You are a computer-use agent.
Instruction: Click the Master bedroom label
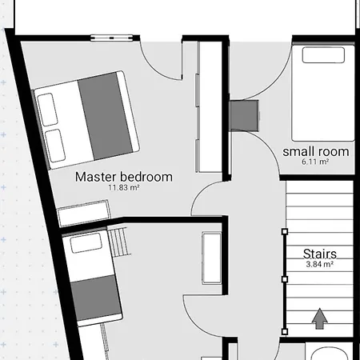[124, 177]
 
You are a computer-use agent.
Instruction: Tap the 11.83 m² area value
[124, 188]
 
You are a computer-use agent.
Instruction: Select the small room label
[316, 152]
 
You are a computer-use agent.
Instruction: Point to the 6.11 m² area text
[315, 162]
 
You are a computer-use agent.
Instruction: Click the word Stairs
[320, 254]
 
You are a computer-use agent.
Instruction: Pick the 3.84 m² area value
[320, 264]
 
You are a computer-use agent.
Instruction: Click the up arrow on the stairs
[319, 318]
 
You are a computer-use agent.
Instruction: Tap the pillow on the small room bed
[323, 55]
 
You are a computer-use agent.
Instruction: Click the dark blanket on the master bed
[106, 116]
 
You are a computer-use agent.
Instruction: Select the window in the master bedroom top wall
[111, 38]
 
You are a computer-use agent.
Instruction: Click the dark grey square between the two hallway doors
[244, 116]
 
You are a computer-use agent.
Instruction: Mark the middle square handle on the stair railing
[285, 279]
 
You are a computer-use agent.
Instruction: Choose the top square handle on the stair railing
[285, 231]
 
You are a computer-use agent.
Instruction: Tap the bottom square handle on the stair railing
[285, 332]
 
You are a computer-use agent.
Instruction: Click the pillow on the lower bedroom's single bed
[86, 243]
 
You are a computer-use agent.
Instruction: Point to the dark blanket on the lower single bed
[96, 298]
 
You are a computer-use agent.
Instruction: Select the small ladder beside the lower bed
[120, 242]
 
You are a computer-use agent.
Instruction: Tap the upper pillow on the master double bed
[47, 110]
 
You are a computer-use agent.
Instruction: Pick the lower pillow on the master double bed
[55, 146]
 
